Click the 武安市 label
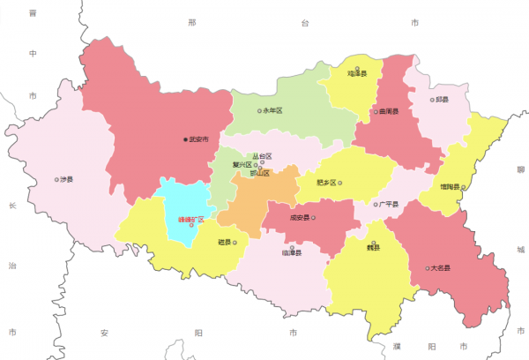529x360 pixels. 198,139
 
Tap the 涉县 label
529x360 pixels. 66,179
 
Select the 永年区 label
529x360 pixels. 273,111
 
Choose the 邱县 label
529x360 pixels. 442,100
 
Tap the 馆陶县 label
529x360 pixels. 450,187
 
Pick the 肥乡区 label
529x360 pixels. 326,184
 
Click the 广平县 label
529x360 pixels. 388,205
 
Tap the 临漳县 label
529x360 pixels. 291,253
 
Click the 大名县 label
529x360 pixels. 440,267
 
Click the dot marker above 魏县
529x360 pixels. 373,243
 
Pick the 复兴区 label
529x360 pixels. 242,164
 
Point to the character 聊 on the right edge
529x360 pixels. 521,168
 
